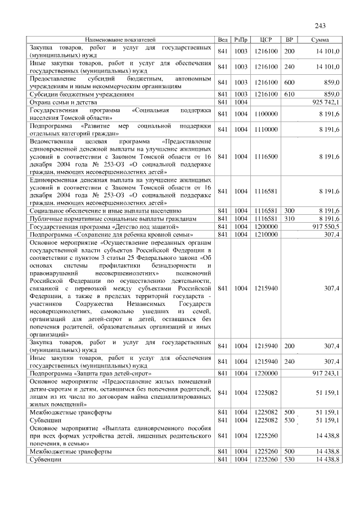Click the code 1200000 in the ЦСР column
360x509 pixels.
coord(267,226)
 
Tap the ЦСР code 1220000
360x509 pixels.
coord(267,373)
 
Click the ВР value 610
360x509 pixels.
coord(289,94)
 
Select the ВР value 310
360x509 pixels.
coord(289,218)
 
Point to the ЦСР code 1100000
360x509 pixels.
coord(267,114)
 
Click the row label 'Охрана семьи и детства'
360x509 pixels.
coord(63,102)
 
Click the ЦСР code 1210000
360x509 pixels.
coord(267,233)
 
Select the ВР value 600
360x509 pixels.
coord(289,83)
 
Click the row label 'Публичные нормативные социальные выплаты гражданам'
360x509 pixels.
coord(112,218)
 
